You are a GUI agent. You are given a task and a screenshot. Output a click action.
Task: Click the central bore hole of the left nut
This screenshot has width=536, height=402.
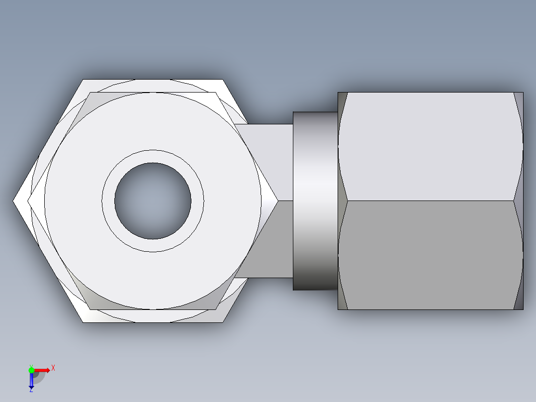[153, 201]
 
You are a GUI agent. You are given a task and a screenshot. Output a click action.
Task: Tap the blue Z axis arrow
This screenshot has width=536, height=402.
[31, 381]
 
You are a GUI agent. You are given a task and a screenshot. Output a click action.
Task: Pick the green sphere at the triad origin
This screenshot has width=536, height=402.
[31, 370]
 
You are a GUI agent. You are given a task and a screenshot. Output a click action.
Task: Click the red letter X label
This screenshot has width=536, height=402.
[53, 368]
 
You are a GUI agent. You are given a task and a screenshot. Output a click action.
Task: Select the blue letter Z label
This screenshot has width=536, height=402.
[31, 391]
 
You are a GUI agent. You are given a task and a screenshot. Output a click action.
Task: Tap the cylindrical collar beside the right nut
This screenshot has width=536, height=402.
[315, 201]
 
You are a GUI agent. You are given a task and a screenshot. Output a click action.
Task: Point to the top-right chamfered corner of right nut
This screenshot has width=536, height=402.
[519, 102]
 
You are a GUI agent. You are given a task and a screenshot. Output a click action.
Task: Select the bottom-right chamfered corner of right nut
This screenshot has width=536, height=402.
[519, 301]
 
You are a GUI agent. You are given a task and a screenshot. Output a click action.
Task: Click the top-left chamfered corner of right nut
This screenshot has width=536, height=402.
[342, 102]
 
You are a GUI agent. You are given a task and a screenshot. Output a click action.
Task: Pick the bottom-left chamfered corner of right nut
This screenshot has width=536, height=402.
[342, 301]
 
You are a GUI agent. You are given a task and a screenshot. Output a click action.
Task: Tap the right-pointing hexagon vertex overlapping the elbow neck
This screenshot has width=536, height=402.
[276, 201]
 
